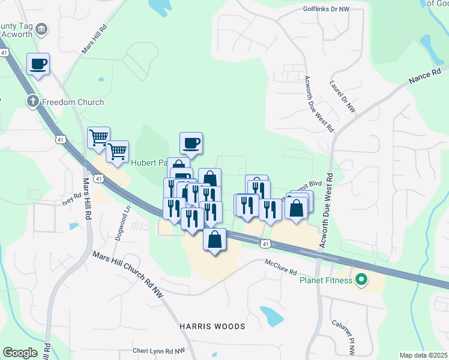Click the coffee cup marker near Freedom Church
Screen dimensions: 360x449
click(x=38, y=64)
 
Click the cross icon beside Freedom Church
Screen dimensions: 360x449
click(x=33, y=101)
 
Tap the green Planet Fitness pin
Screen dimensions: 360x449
click(x=361, y=280)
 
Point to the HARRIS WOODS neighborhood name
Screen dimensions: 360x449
click(x=212, y=326)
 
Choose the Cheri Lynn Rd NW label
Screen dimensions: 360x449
click(x=159, y=351)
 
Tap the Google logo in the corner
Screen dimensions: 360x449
click(x=20, y=353)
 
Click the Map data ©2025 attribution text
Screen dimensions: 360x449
click(x=423, y=355)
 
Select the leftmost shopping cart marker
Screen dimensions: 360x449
click(x=98, y=137)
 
